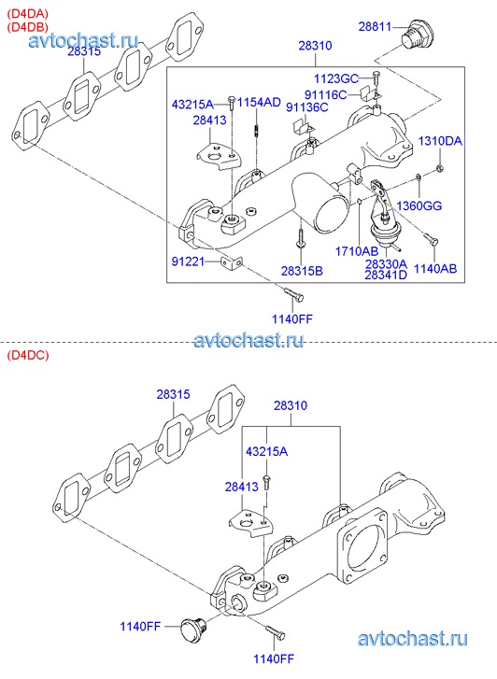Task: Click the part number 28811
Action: [x=375, y=26]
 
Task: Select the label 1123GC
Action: [x=335, y=78]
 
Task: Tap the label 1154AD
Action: [x=259, y=103]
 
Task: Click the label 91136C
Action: [x=307, y=107]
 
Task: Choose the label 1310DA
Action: [x=440, y=141]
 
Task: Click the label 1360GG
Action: [x=419, y=205]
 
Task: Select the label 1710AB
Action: [x=357, y=251]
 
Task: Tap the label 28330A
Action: [x=386, y=264]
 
